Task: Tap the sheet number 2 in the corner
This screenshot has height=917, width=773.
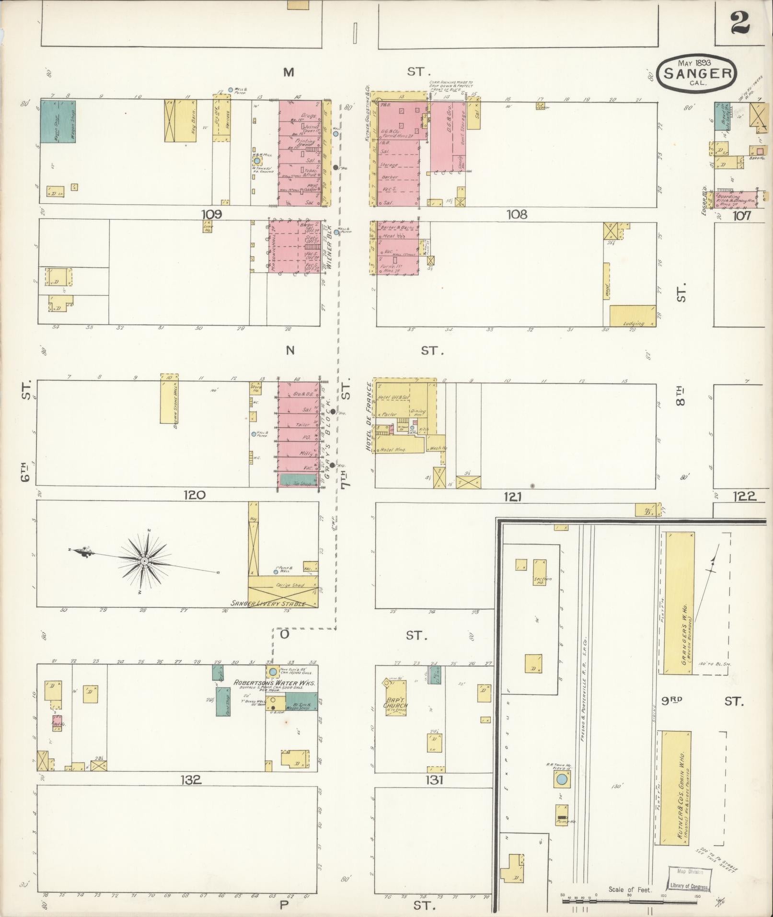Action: pyautogui.click(x=740, y=23)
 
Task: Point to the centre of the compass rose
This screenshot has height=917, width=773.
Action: pyautogui.click(x=144, y=560)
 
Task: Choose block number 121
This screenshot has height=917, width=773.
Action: pyautogui.click(x=512, y=497)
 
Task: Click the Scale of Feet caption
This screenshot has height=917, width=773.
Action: pyautogui.click(x=630, y=890)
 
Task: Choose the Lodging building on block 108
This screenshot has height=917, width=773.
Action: pyautogui.click(x=633, y=317)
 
